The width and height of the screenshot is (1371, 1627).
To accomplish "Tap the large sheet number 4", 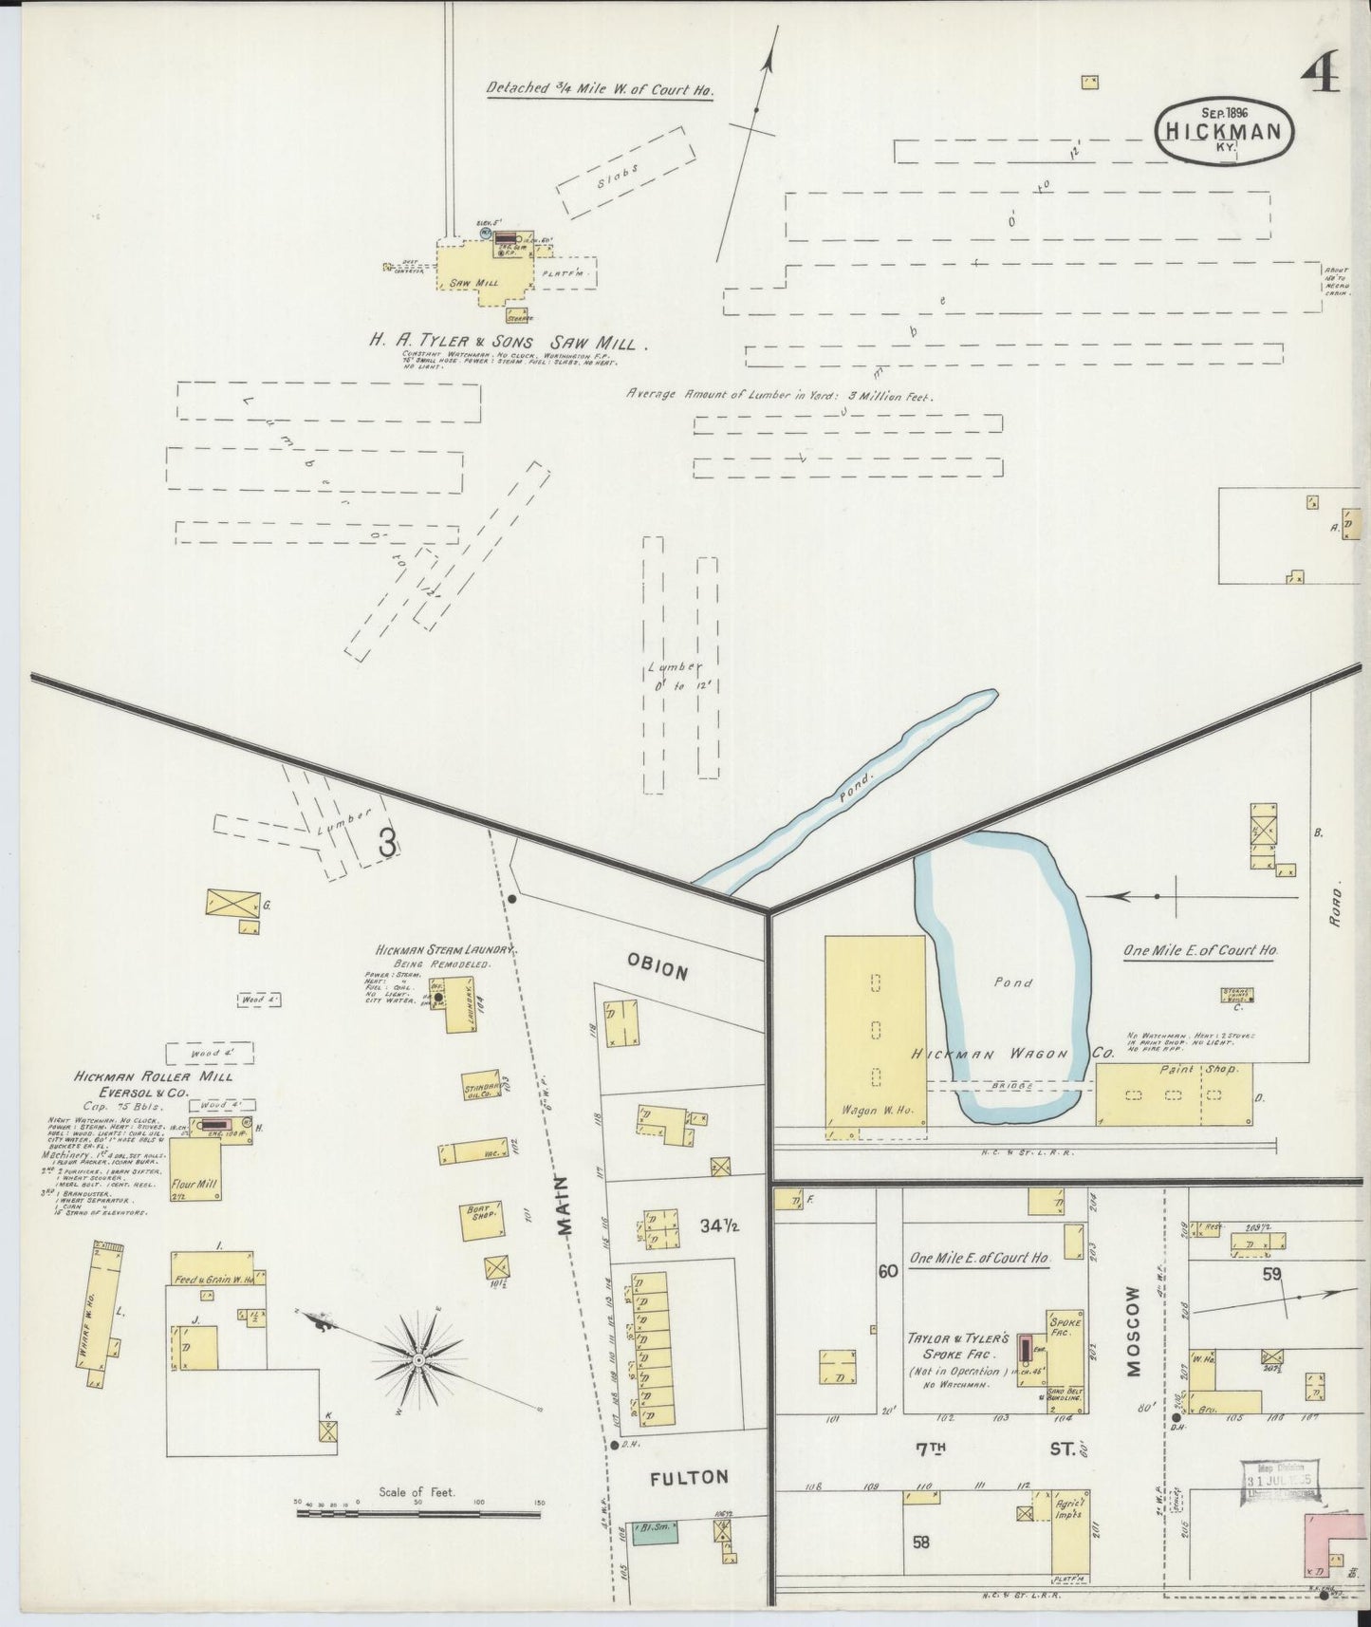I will click(1321, 73).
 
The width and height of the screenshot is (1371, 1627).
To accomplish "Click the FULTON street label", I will click(688, 1477).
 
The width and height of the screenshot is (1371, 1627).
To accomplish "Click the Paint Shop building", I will click(1174, 1094).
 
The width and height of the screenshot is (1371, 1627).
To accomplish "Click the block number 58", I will click(920, 1543).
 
